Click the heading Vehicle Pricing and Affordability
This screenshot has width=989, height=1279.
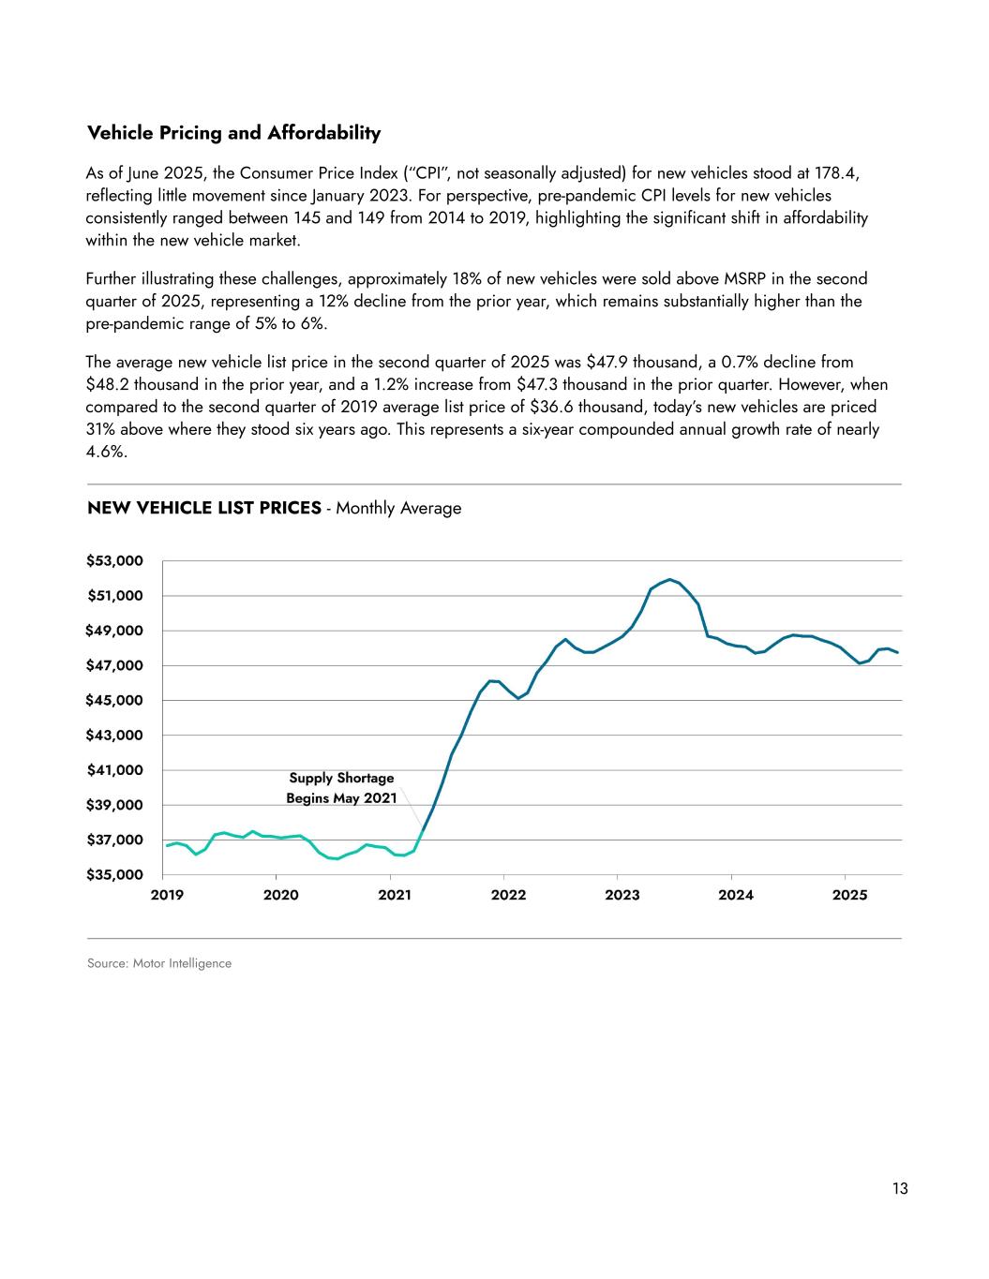point(233,133)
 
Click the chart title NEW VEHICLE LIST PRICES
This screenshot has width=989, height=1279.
point(202,508)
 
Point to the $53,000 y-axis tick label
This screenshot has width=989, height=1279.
point(115,560)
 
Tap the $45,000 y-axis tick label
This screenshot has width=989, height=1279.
point(115,700)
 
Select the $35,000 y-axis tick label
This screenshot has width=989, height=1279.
point(115,874)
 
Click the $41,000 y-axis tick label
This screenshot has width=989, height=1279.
point(115,769)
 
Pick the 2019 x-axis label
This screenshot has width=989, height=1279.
point(167,895)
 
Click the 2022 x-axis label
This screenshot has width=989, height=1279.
point(508,895)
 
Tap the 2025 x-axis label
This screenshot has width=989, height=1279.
point(849,895)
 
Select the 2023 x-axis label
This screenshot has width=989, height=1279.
point(622,895)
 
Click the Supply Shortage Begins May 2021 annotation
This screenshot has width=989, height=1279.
point(341,788)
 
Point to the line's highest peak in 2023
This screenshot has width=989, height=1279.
point(669,579)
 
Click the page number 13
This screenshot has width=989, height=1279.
point(900,1189)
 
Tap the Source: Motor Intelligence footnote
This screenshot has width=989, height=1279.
point(158,963)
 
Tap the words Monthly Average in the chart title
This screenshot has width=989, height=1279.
point(398,508)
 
